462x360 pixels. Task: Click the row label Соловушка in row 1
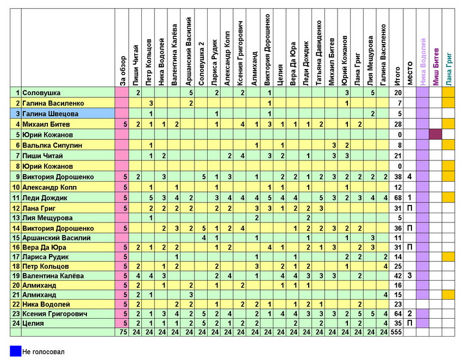[x=41, y=93]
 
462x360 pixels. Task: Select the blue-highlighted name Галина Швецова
[x=50, y=114]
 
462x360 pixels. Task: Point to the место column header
[x=409, y=73]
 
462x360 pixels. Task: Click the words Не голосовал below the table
[x=43, y=352]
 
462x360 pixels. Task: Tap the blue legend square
[x=15, y=351]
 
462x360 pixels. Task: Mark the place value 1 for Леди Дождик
[x=409, y=197]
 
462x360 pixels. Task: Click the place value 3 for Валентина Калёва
[x=409, y=276]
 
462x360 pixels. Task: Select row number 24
[x=16, y=323]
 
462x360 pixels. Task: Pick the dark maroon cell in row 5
[x=435, y=134]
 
